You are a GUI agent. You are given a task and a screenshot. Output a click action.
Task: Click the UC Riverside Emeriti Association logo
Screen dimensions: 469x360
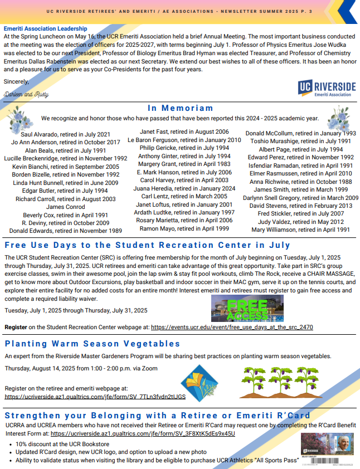[326, 89]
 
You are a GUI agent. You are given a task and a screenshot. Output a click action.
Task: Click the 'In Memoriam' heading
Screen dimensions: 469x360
[180, 108]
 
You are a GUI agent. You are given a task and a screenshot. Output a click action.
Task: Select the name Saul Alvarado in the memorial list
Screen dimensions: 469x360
[65, 135]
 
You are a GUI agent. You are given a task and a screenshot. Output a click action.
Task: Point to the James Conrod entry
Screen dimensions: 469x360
[65, 207]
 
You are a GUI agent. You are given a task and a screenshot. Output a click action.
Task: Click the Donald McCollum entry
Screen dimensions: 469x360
[300, 134]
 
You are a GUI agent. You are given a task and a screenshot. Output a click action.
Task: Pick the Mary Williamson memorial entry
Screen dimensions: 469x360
[300, 229]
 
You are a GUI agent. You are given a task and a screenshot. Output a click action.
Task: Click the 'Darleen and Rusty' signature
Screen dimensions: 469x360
[26, 95]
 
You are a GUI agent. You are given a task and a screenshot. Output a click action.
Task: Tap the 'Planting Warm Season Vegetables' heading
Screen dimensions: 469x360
[93, 344]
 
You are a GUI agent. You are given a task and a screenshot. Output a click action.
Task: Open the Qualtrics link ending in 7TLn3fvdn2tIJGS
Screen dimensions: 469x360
[95, 397]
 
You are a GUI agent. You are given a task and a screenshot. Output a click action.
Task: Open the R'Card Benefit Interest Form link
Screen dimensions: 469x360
[143, 433]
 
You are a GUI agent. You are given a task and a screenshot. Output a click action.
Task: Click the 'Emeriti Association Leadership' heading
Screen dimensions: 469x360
[45, 28]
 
